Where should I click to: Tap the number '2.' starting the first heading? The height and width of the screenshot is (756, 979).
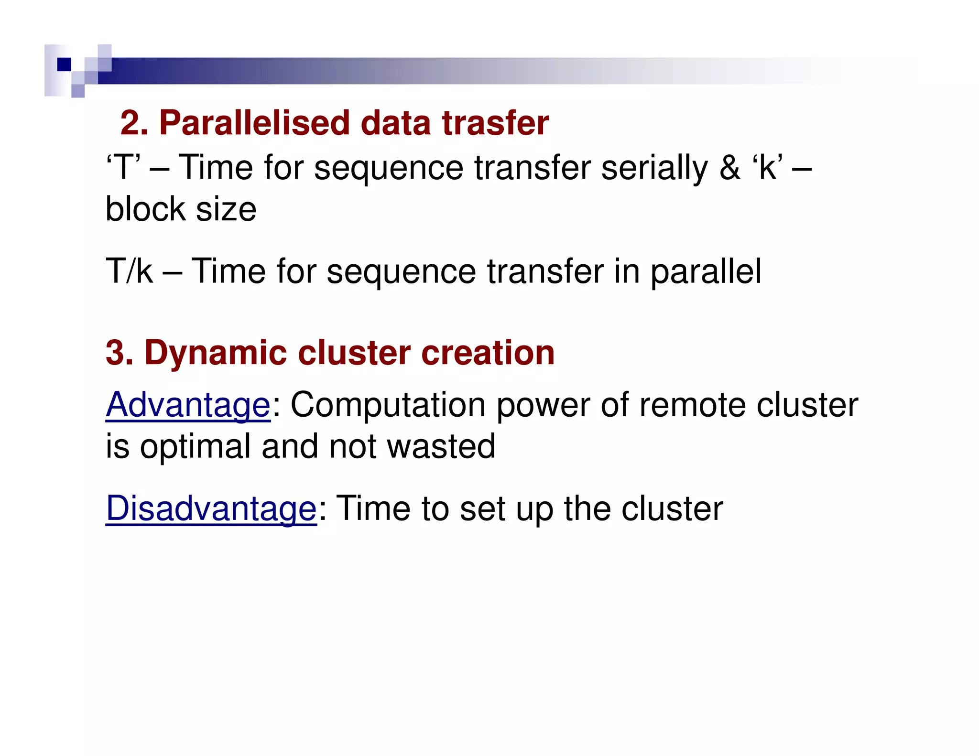pos(134,123)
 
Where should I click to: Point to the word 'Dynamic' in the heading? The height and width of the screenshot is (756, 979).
pos(215,353)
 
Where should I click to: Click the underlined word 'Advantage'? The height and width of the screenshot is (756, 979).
pos(188,405)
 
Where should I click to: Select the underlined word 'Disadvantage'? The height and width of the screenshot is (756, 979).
pos(211,508)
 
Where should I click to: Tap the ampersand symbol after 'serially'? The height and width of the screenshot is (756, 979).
pos(729,168)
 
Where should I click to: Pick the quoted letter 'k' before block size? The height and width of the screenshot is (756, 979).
pos(768,168)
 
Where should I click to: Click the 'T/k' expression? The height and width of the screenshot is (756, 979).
pos(129,271)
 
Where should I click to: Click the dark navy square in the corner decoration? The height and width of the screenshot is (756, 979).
pos(64,64)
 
